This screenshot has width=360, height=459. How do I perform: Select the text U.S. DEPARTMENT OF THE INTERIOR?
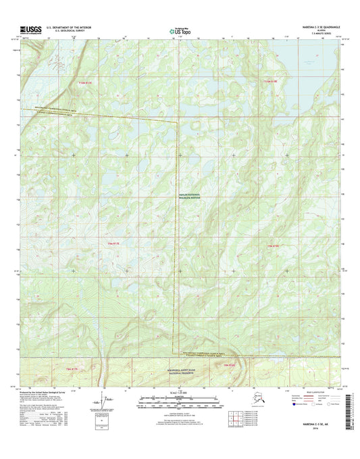tap(70, 27)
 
